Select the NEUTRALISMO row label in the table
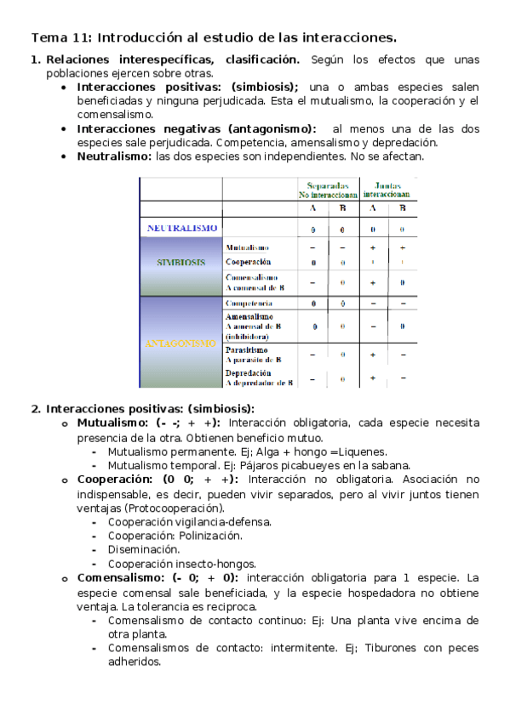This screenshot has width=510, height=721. [181, 228]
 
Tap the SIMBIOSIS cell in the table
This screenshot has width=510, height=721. [181, 263]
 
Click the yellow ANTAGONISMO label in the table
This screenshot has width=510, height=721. [181, 343]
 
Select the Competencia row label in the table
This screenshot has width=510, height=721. [249, 303]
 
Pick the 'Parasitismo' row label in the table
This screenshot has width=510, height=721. [247, 349]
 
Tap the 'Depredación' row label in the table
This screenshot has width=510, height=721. [248, 372]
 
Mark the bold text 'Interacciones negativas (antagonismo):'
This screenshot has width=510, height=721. [196, 128]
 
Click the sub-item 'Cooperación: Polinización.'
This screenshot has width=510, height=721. [175, 536]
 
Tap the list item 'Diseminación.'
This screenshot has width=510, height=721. [143, 549]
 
